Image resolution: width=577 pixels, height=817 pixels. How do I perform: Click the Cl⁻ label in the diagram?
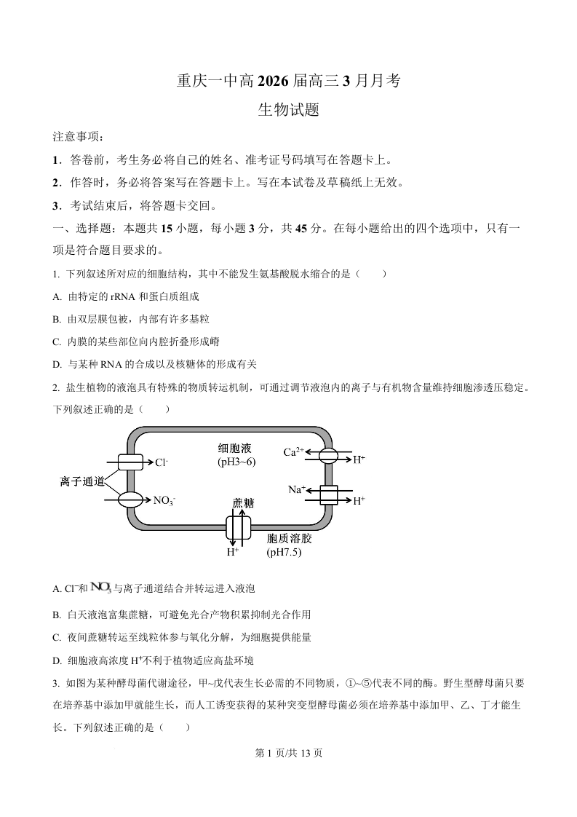click(x=162, y=462)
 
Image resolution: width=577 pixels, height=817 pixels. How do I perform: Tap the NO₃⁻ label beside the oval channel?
click(x=164, y=500)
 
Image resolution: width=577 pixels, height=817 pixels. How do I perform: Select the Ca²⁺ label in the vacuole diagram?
click(x=294, y=452)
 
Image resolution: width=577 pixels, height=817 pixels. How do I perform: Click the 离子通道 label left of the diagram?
click(x=82, y=481)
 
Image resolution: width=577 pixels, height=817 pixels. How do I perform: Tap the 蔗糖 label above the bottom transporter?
click(x=243, y=503)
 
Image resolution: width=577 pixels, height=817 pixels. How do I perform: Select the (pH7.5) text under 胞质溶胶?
click(x=284, y=552)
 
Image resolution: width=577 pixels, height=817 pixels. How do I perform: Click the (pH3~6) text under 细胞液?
click(x=236, y=462)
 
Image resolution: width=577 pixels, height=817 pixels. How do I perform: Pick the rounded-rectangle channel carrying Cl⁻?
click(x=132, y=462)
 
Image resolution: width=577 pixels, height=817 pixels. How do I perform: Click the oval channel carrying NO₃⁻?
click(x=132, y=500)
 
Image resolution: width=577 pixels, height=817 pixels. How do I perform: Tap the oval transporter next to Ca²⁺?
click(x=328, y=457)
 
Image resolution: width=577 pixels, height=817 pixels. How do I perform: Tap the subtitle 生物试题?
click(x=289, y=111)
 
